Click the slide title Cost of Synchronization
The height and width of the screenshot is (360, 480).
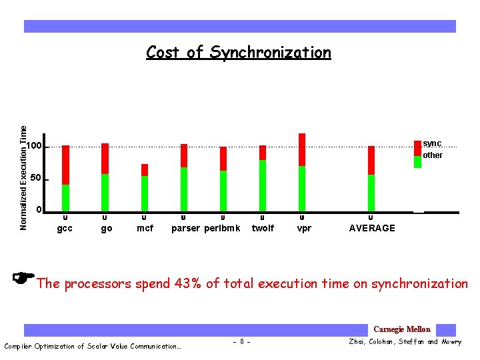(x=238, y=53)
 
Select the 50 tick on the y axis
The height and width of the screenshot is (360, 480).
(x=35, y=179)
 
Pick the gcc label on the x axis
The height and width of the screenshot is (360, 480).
(x=65, y=228)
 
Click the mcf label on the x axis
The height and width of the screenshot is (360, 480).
(x=145, y=228)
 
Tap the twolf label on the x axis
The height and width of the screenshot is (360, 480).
(x=263, y=228)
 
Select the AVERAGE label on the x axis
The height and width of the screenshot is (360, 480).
(x=372, y=228)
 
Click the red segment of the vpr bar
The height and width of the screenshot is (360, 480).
(x=302, y=149)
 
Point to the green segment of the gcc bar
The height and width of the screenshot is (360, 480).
(x=65, y=197)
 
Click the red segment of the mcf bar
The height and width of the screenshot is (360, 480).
(x=145, y=170)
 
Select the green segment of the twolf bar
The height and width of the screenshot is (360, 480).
(x=263, y=185)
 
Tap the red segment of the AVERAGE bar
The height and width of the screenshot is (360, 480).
(x=371, y=160)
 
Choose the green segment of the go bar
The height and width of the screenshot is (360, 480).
(x=105, y=192)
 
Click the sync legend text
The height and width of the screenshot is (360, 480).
(x=432, y=144)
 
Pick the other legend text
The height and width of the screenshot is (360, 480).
(x=433, y=155)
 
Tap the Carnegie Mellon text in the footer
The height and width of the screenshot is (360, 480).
(x=402, y=329)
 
